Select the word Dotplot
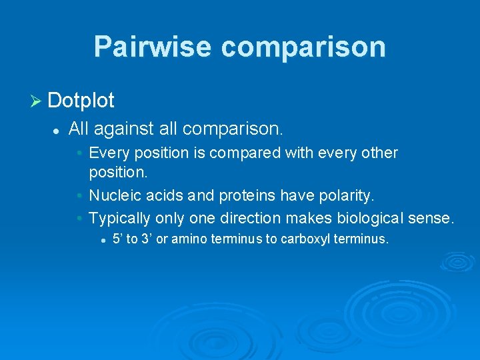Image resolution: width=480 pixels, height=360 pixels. [81, 101]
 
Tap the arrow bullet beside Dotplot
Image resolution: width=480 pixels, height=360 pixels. [37, 101]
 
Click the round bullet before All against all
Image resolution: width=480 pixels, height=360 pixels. [57, 129]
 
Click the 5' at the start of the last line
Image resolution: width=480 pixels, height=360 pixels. [118, 239]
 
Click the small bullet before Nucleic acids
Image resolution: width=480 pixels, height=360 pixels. [79, 197]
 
